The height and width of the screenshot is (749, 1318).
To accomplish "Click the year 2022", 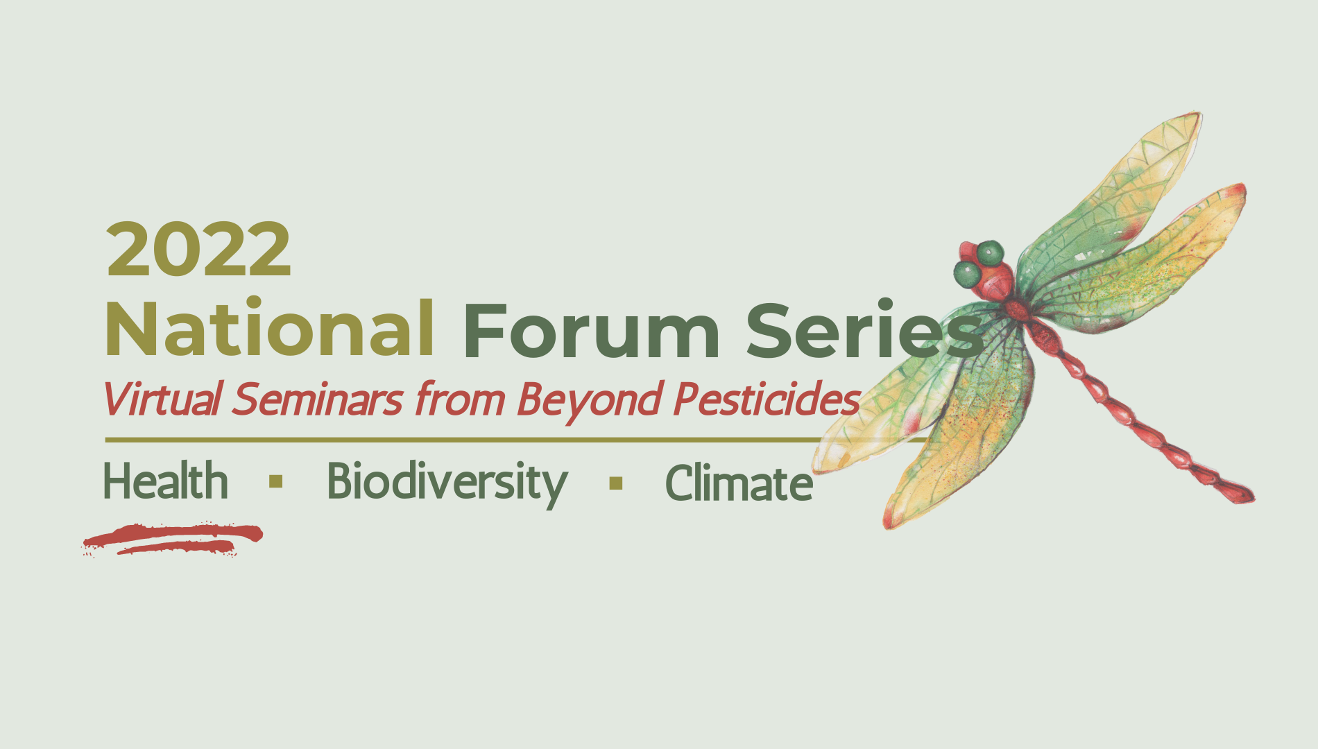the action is coord(198,249).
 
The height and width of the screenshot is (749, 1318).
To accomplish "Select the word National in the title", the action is coord(270,329).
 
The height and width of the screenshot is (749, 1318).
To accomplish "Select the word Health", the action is coord(166,481).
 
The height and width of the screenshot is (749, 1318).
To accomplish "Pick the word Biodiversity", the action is coord(447,483).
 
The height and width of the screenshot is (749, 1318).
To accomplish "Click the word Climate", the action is coord(739,482).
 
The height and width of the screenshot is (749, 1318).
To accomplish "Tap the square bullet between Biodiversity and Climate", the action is coord(616,483).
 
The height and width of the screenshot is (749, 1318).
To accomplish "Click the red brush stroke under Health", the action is coord(173,538).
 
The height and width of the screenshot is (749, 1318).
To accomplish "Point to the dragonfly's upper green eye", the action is coord(990,252).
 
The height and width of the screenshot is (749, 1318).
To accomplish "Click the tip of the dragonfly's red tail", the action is coord(1252,497).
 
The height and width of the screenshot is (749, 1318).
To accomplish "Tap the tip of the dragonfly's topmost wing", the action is coord(1199,115).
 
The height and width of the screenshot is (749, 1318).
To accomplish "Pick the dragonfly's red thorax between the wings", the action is coord(1018,309).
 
